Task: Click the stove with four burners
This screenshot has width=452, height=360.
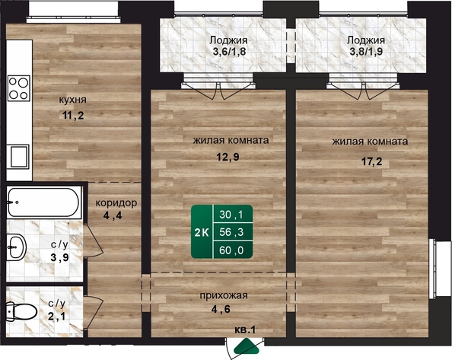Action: click(x=19, y=88)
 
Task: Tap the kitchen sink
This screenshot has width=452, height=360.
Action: click(x=19, y=157)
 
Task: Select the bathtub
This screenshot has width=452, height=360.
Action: click(x=44, y=202)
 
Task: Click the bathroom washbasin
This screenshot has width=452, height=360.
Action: click(x=17, y=247)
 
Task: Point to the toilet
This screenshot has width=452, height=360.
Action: click(x=21, y=311)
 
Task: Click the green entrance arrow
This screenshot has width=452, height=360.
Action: click(x=247, y=346)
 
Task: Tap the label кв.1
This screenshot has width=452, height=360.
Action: click(x=245, y=330)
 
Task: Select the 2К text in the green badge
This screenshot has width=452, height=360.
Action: click(x=202, y=232)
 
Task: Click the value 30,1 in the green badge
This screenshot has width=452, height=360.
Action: click(x=231, y=215)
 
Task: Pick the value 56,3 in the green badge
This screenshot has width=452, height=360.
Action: click(x=231, y=232)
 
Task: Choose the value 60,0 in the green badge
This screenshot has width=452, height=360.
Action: click(x=231, y=250)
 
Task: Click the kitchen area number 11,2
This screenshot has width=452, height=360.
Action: click(x=73, y=116)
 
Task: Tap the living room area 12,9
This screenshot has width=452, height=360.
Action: click(x=228, y=157)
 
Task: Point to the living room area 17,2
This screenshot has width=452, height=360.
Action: click(x=372, y=161)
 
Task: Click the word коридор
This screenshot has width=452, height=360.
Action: click(x=116, y=203)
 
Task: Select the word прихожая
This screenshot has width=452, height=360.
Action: click(x=224, y=295)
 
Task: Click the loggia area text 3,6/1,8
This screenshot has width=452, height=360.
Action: click(x=230, y=52)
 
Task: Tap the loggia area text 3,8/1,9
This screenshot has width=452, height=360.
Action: click(x=366, y=52)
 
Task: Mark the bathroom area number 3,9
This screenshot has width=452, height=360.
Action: click(x=59, y=257)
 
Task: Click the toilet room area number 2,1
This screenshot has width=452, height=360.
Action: click(x=56, y=317)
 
